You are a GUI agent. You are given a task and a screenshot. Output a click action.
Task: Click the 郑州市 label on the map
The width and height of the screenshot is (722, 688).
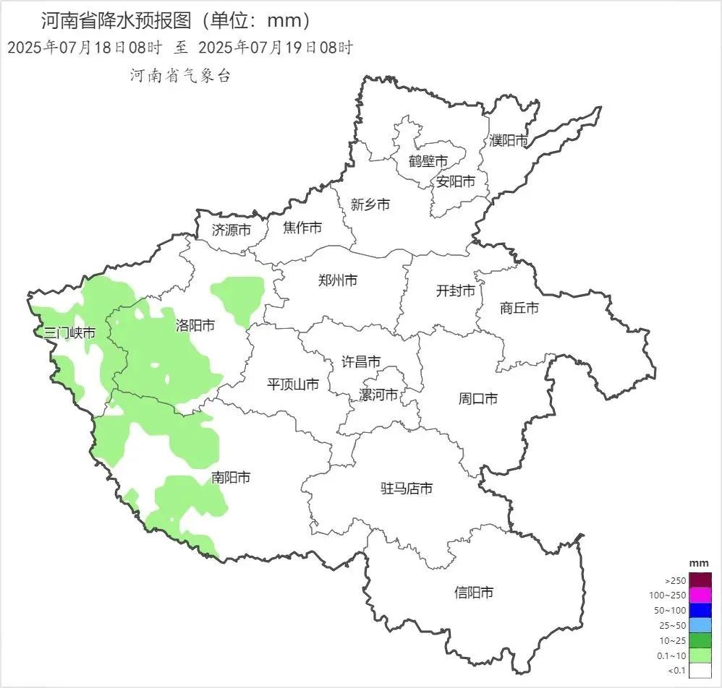(338, 280)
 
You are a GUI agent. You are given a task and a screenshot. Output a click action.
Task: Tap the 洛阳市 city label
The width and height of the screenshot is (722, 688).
(195, 325)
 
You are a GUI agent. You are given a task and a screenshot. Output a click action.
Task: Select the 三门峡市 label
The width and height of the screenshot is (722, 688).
(69, 333)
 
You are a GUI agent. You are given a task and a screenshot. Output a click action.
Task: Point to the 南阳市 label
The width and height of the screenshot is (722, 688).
(232, 478)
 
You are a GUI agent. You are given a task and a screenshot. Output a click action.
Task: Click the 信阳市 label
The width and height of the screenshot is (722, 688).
(474, 593)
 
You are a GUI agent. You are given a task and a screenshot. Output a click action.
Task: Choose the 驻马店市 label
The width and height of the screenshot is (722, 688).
(407, 489)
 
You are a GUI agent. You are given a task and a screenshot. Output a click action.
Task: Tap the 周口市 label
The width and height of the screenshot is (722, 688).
(478, 398)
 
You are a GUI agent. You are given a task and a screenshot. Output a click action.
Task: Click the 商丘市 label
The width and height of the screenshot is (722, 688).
(519, 308)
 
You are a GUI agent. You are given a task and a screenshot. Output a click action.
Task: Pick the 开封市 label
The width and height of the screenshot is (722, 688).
(456, 291)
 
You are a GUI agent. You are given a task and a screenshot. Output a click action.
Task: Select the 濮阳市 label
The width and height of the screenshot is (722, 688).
(509, 140)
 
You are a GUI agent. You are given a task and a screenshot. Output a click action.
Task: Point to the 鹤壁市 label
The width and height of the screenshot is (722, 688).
(428, 160)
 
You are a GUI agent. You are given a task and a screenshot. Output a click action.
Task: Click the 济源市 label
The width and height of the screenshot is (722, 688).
(232, 231)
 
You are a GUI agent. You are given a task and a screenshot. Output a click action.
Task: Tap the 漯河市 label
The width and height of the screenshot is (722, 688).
(378, 395)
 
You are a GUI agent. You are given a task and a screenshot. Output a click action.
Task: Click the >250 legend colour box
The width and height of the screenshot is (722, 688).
(700, 580)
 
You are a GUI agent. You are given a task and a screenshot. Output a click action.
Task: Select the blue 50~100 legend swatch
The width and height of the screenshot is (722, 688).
(700, 611)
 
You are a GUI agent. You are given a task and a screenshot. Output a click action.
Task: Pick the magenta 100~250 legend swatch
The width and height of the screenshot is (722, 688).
(700, 595)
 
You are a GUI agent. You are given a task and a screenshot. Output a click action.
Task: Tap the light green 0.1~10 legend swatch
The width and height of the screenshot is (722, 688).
(700, 656)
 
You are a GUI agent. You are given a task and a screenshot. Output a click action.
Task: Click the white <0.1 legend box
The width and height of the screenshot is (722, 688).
(700, 671)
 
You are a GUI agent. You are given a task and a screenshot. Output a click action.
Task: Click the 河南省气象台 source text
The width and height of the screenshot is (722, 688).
(180, 76)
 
